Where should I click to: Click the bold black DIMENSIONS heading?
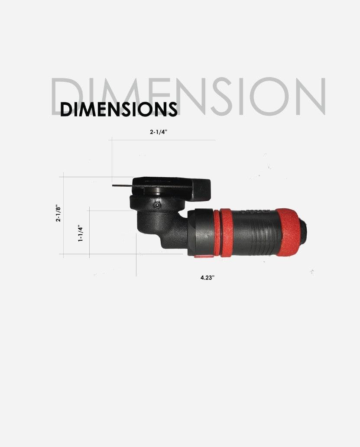[x=119, y=109]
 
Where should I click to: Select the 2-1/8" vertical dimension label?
[x=58, y=214]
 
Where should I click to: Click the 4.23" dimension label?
[x=207, y=278]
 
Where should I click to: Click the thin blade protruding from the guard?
[x=122, y=186]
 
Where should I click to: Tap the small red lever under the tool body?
[x=201, y=256]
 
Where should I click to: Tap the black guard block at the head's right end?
[x=202, y=189]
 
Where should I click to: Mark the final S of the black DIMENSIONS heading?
[x=172, y=110]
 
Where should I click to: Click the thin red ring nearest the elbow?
[x=216, y=233]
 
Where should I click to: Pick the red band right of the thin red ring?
[x=227, y=233]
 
